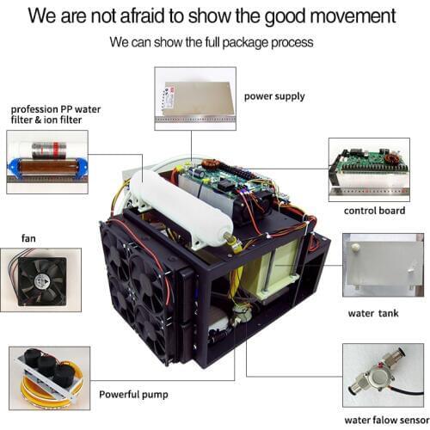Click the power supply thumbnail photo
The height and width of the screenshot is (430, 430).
pos(194,98)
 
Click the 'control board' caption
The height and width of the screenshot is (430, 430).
pos(373,211)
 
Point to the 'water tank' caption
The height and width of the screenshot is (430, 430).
pos(373,313)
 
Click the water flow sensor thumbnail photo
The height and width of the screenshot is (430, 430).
pos(382,374)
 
